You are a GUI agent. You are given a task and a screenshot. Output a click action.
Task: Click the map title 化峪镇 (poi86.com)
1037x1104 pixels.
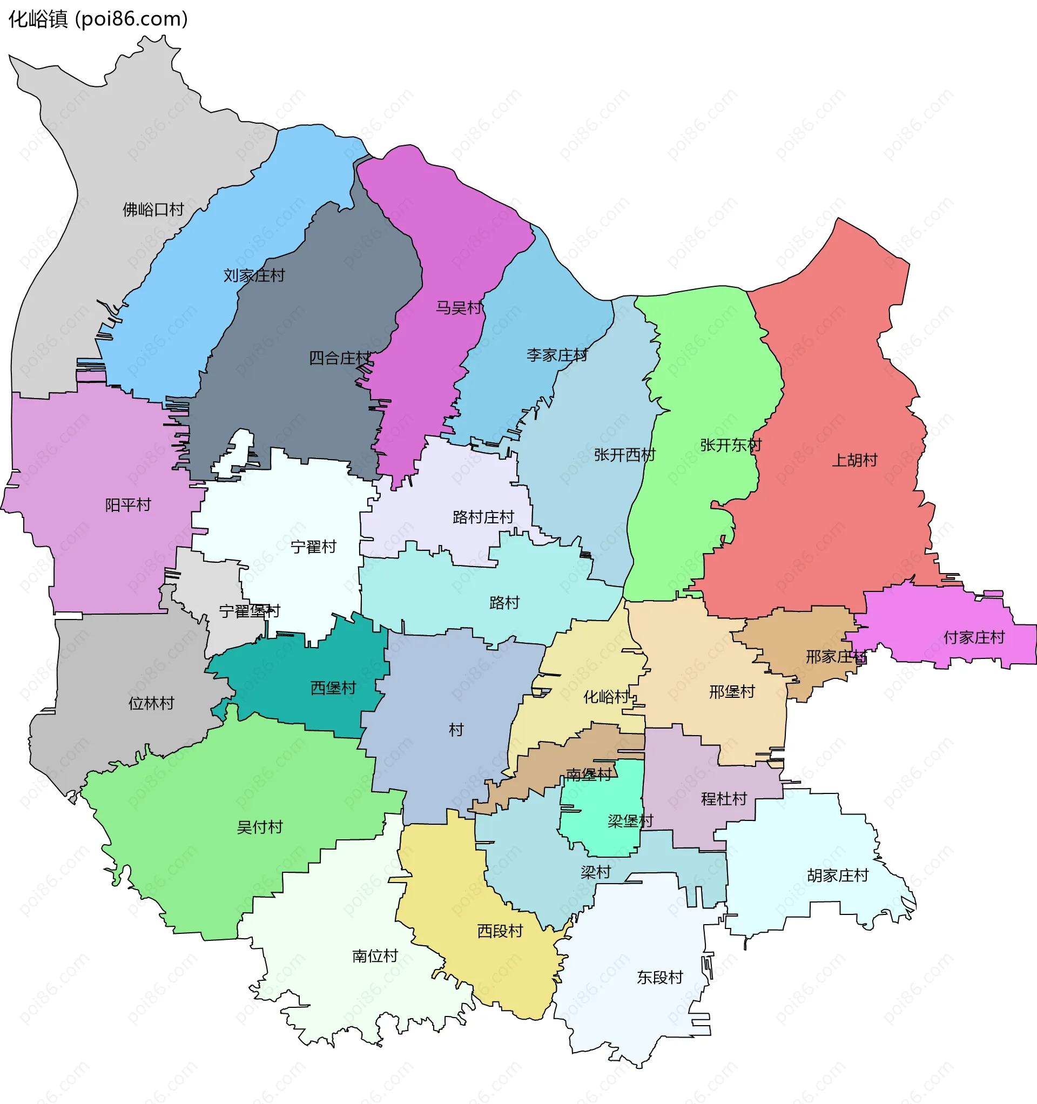(x=98, y=19)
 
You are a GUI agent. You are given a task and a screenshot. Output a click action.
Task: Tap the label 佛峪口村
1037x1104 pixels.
(x=153, y=210)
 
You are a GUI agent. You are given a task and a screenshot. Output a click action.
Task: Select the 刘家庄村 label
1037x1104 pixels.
(x=254, y=275)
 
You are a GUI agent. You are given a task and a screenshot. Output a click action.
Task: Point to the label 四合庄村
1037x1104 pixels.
(x=339, y=358)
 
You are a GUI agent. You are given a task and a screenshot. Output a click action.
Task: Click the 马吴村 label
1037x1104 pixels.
(x=459, y=308)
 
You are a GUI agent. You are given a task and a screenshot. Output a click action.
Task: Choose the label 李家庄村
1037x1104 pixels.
(x=556, y=355)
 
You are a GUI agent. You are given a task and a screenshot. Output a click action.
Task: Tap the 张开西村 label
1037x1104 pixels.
(x=624, y=455)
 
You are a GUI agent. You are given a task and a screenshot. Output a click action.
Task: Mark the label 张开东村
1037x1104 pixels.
(x=730, y=446)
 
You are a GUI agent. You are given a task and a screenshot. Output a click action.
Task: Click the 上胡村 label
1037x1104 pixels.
(x=854, y=460)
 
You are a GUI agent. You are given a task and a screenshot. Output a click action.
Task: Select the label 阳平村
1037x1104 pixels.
(x=128, y=506)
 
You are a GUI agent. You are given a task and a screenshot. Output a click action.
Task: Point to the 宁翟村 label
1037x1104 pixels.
(x=313, y=548)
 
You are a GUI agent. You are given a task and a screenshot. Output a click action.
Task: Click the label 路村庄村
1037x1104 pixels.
(x=483, y=517)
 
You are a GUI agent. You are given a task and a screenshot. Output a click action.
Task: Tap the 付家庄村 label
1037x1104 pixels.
(x=974, y=637)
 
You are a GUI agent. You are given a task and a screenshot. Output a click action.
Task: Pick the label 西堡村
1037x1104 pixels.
(x=333, y=689)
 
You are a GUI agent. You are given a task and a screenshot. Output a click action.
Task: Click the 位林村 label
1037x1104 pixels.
(x=151, y=704)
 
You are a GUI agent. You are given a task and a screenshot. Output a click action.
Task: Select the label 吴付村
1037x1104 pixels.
(x=259, y=827)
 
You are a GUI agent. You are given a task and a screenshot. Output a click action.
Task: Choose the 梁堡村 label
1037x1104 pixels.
(x=630, y=822)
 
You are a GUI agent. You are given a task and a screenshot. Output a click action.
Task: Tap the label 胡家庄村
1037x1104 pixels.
(x=838, y=876)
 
